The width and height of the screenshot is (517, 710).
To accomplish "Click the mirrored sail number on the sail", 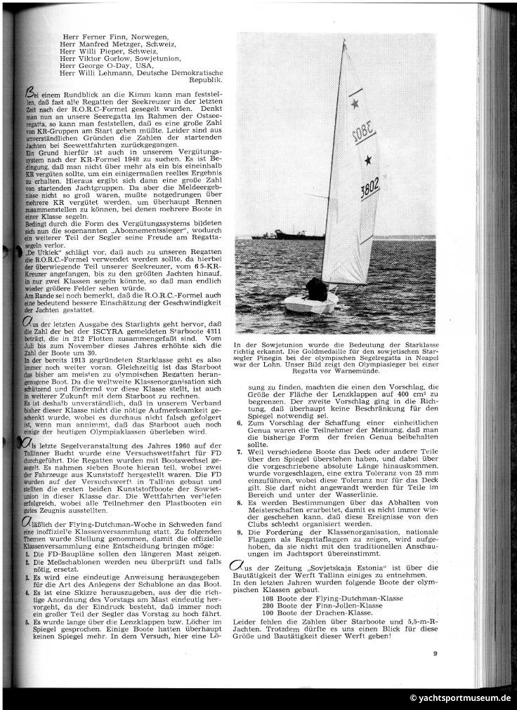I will (362, 133).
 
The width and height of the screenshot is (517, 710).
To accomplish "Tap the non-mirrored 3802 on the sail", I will (370, 190).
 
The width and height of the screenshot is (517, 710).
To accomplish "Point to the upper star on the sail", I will (355, 104).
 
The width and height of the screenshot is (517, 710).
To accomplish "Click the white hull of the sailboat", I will (310, 304).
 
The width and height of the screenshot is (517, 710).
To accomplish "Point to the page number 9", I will (435, 654).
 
